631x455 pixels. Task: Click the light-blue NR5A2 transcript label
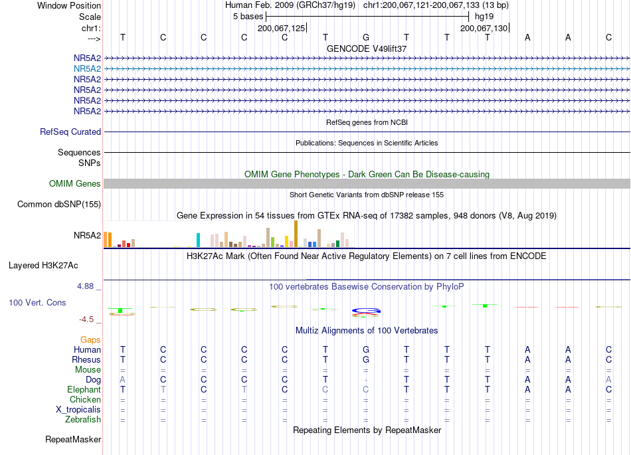pyautogui.click(x=87, y=69)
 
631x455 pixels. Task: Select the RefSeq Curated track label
pyautogui.click(x=70, y=132)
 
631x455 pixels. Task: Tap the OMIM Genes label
pyautogui.click(x=75, y=184)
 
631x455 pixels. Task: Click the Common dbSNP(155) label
pyautogui.click(x=59, y=205)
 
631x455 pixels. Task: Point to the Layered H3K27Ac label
pyautogui.click(x=43, y=266)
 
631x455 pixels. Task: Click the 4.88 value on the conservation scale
pyautogui.click(x=85, y=286)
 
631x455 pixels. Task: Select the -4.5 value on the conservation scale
pyautogui.click(x=86, y=319)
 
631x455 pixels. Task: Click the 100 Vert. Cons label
pyautogui.click(x=37, y=302)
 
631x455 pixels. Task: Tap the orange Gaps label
pyautogui.click(x=90, y=340)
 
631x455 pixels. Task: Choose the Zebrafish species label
pyautogui.click(x=83, y=420)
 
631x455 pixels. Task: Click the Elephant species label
pyautogui.click(x=84, y=390)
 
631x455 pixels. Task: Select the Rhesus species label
pyautogui.click(x=86, y=359)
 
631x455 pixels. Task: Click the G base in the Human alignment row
pyautogui.click(x=366, y=349)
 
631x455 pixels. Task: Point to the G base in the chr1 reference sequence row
pyautogui.click(x=366, y=37)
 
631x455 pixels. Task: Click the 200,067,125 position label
pyautogui.click(x=282, y=28)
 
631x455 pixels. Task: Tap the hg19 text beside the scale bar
pyautogui.click(x=484, y=17)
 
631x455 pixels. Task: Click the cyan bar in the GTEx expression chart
pyautogui.click(x=198, y=240)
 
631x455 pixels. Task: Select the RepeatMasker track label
pyautogui.click(x=73, y=439)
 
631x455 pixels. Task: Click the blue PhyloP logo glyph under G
pyautogui.click(x=366, y=311)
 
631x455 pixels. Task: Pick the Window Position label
pyautogui.click(x=69, y=5)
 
